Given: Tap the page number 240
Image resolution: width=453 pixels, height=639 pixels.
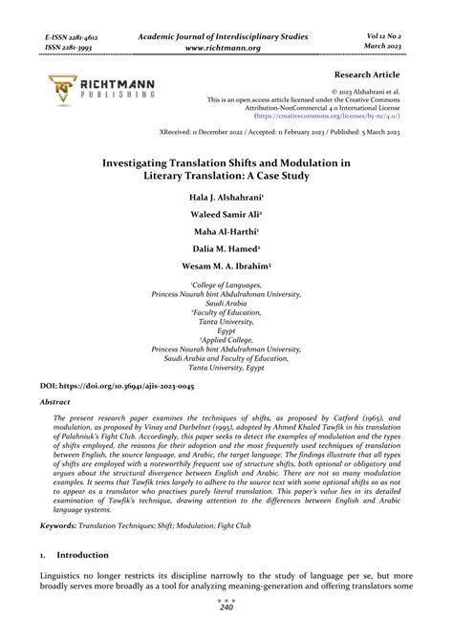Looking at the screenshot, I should (x=226, y=632).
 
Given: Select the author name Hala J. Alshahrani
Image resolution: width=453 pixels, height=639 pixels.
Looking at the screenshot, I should (x=226, y=197).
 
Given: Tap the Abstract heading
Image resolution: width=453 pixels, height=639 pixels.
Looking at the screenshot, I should (x=54, y=403).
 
